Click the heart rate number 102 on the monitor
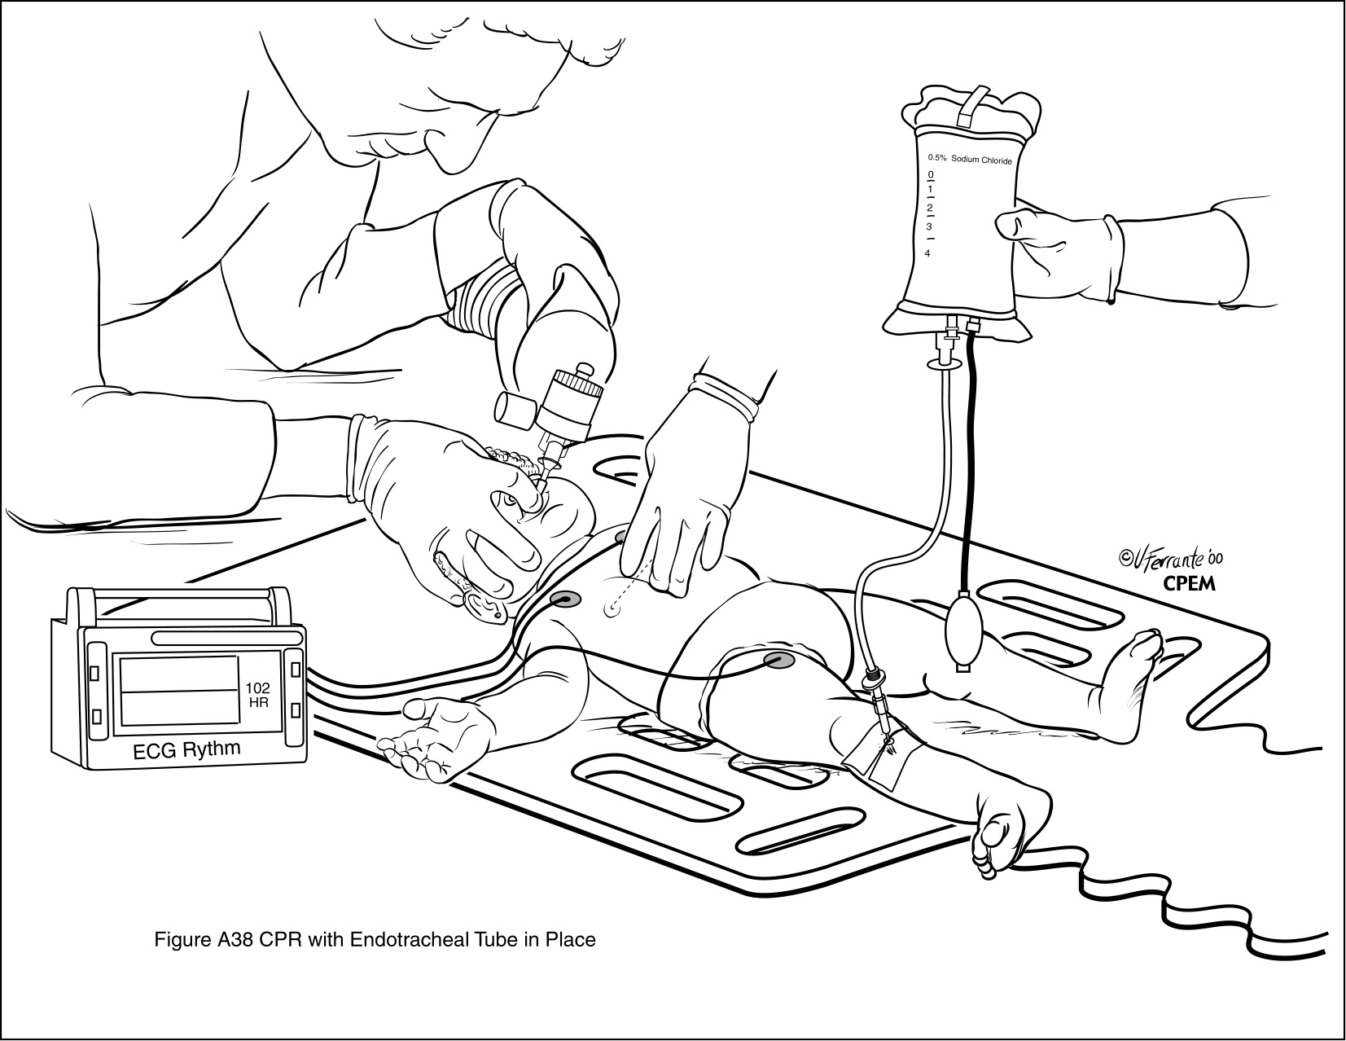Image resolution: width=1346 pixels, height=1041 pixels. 257,687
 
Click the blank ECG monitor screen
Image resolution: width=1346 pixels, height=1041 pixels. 179,690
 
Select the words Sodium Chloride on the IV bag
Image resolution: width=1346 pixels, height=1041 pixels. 982,160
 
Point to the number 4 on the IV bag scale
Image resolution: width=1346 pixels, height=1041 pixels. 927,253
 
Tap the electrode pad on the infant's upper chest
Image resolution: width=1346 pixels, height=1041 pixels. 566,599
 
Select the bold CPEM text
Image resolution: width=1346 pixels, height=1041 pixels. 1190,584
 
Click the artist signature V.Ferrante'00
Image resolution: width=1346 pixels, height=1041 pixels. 1171,559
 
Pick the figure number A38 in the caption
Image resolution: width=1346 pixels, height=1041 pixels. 235,940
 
